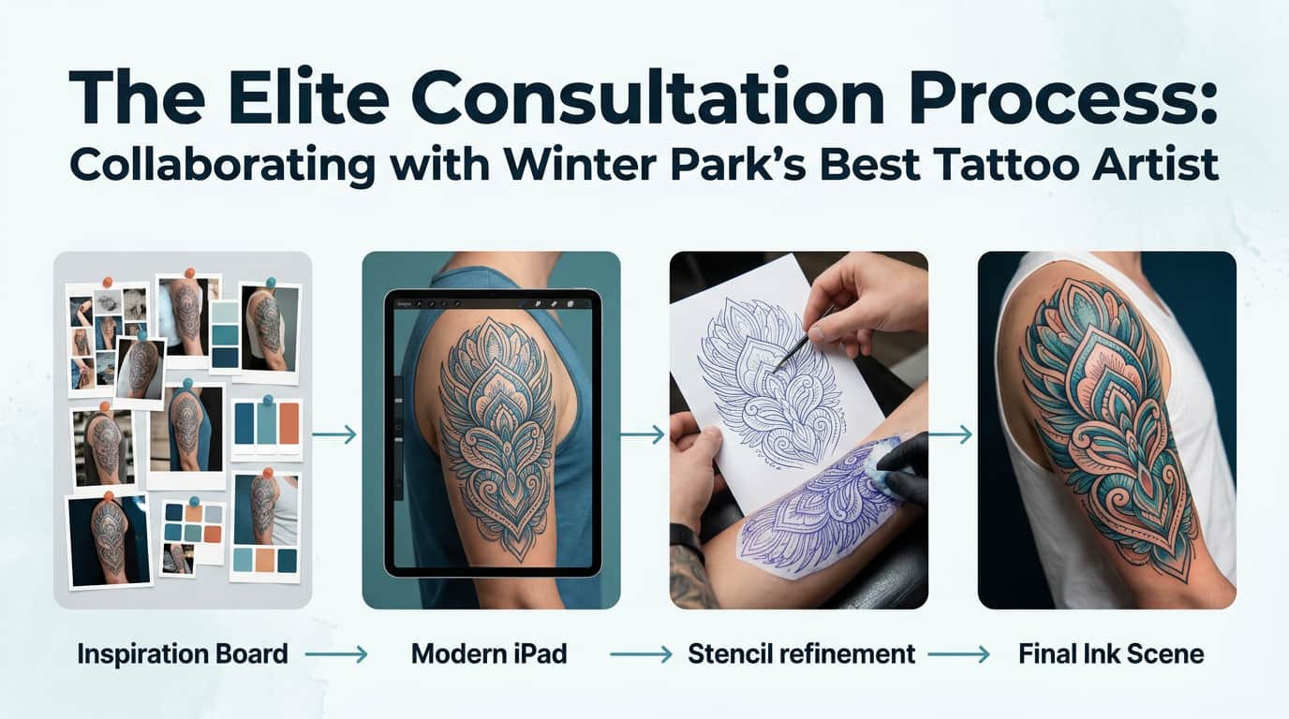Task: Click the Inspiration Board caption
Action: click(183, 653)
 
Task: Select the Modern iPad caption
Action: click(489, 653)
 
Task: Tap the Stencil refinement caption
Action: click(801, 653)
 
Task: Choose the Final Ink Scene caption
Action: click(1111, 653)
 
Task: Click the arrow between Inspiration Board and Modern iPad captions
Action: click(336, 654)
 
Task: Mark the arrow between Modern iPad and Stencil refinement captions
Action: click(641, 654)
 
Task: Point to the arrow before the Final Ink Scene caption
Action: click(958, 654)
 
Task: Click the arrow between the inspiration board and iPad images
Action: click(335, 434)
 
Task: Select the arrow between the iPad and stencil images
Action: click(643, 434)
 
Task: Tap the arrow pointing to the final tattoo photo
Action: click(951, 434)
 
